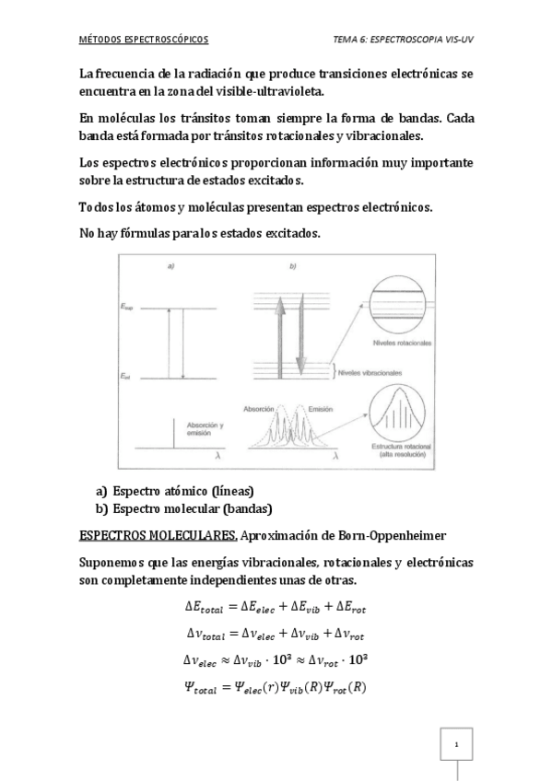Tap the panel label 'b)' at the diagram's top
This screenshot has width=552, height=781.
click(x=292, y=266)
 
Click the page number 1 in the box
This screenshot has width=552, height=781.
click(x=456, y=743)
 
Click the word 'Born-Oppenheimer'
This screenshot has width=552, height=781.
click(x=389, y=535)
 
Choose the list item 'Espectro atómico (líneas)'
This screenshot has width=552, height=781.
click(x=182, y=490)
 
